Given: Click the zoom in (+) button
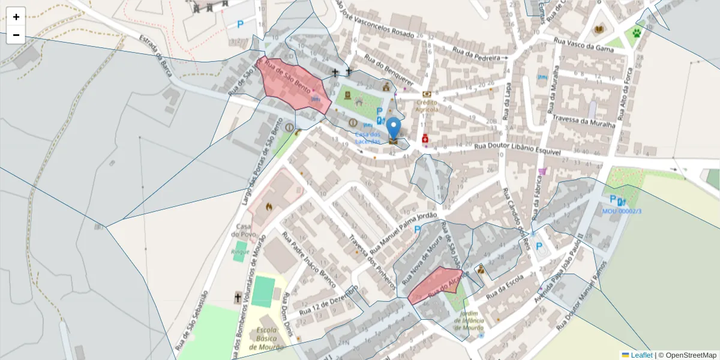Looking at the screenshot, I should click(x=16, y=17).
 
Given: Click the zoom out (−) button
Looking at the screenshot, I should click(x=16, y=35).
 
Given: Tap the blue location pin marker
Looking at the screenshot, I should click(x=394, y=129).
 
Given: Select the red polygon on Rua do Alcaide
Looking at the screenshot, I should click(x=436, y=284).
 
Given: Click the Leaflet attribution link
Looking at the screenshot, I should click(x=641, y=355).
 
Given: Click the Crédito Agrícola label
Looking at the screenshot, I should click(x=427, y=106).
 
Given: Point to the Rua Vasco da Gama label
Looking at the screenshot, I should click(x=583, y=45).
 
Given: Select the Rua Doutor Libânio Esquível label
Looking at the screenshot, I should click(x=517, y=149).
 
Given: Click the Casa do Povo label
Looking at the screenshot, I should click(x=243, y=230).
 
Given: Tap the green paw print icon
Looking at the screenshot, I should click(x=636, y=32).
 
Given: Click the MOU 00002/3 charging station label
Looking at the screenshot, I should click(x=622, y=211).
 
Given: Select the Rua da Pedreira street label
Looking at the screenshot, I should click(x=476, y=55).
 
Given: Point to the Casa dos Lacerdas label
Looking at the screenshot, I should click(x=368, y=137).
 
